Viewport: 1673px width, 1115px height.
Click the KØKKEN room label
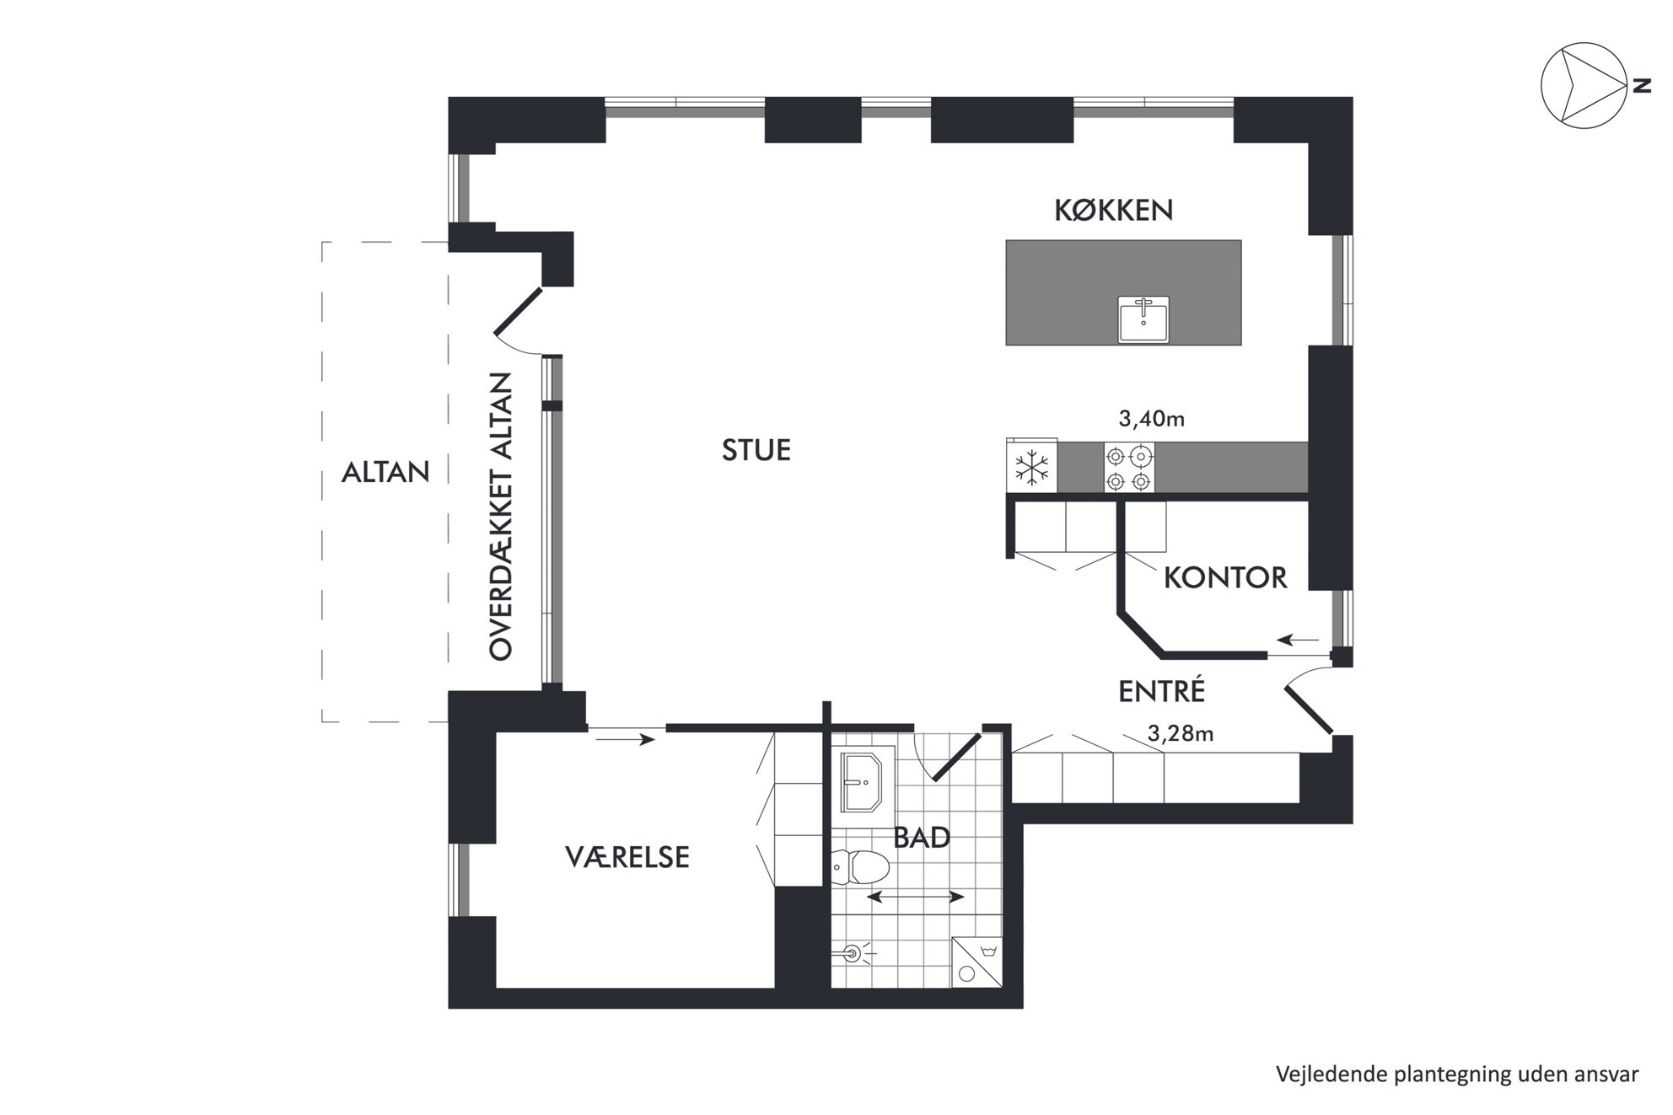coord(1113,210)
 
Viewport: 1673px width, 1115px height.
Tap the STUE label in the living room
coord(756,450)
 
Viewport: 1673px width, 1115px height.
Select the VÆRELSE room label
coord(627,857)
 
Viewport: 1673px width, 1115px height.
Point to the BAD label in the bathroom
coord(922,838)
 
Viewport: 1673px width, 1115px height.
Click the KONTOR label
coord(1225,577)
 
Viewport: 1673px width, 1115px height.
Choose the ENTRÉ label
coord(1161,691)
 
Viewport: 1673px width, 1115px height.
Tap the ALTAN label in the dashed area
coord(385,472)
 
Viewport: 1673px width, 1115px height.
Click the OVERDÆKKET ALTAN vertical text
coord(501,516)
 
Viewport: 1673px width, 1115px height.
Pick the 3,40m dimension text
coord(1151,419)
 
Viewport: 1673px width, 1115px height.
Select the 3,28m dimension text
coord(1181,734)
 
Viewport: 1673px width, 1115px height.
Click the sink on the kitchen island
coord(1143,319)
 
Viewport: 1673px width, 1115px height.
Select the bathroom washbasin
coord(860,781)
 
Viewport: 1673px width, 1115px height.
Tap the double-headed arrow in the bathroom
coord(915,898)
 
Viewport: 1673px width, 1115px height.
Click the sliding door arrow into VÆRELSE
coord(626,740)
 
